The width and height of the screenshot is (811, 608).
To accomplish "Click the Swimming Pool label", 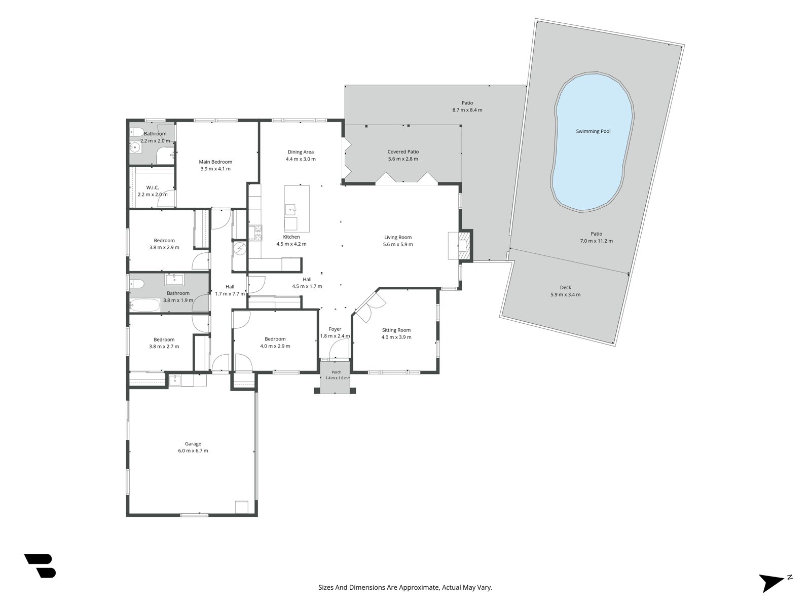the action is coord(593,131).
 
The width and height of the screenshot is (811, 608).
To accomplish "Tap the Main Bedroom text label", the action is coord(215,162).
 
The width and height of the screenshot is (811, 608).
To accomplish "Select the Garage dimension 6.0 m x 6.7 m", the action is coord(193,451).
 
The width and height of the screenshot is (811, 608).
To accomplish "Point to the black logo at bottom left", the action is coord(41,565).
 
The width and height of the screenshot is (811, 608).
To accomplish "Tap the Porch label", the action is coord(336,372).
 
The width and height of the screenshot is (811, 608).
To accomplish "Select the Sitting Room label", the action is coord(396,330).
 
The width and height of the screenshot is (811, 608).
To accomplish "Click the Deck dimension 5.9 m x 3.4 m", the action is coord(565,294).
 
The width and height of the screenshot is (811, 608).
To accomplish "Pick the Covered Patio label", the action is coord(403,151).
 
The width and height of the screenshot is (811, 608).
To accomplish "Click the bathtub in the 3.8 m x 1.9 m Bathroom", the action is coord(144,306).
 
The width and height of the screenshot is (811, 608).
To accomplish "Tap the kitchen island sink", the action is coord(290,210).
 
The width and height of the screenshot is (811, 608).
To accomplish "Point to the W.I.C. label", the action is coord(153,187).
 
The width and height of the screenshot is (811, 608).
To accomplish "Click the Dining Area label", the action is coord(301,151).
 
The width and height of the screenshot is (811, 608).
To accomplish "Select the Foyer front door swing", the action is coord(339,349).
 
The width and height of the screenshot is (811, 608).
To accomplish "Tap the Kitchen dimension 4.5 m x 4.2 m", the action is coord(291,244).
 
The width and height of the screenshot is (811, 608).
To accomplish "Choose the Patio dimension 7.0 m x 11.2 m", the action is coord(596,241).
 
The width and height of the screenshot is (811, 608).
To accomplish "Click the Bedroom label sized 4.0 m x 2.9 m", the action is coord(275,339).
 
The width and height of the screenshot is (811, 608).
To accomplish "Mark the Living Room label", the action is coord(397,237).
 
